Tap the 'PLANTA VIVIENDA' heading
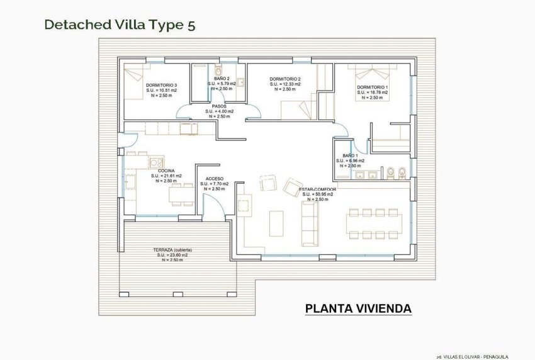[x=358, y=308]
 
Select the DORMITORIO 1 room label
[x=372, y=87]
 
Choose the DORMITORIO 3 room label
[x=161, y=85]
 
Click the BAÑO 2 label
[x=222, y=79]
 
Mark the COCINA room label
[x=166, y=171]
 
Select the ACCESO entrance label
[x=215, y=179]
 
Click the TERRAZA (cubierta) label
[x=172, y=250]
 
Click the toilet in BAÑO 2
[x=218, y=69]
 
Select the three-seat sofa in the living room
[x=310, y=224]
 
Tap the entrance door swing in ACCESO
[x=213, y=203]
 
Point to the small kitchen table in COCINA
[x=180, y=194]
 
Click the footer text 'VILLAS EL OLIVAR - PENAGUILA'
[x=476, y=356]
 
